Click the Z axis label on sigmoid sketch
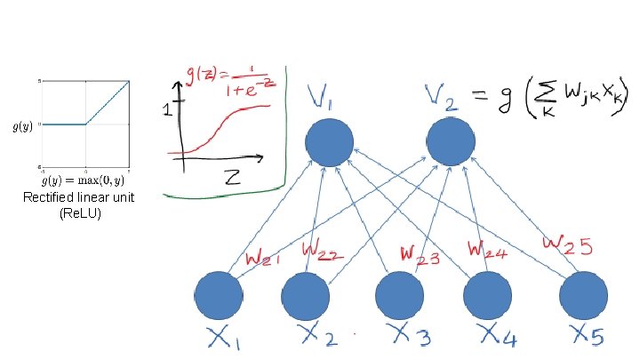(x=233, y=177)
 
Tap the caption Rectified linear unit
(x=79, y=197)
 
